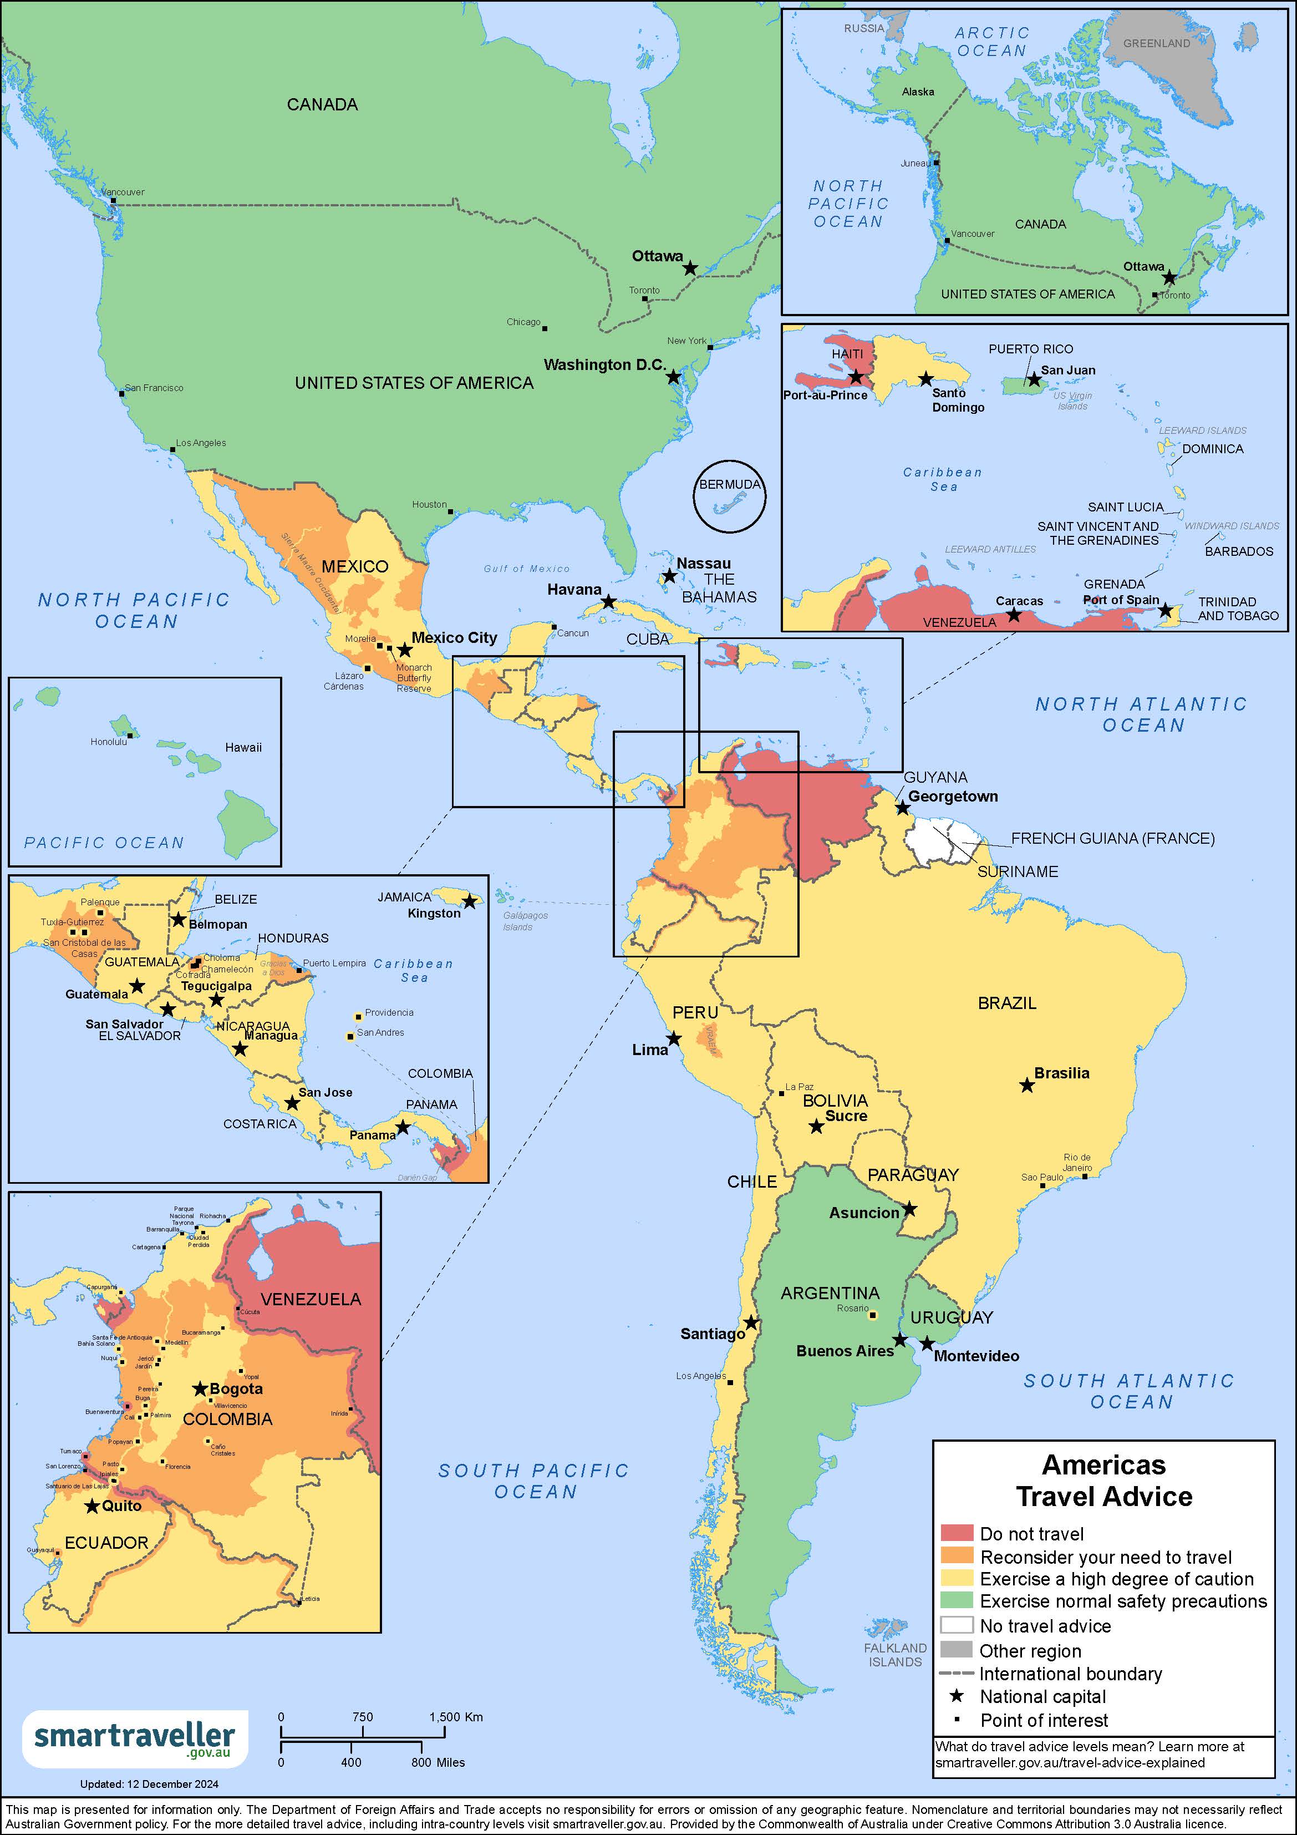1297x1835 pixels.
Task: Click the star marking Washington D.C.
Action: [674, 376]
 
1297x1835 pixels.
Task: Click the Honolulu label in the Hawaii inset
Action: [109, 742]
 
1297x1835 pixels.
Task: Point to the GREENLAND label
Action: [1156, 43]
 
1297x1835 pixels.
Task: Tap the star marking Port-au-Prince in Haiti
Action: [856, 377]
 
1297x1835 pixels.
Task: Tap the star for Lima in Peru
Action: [674, 1038]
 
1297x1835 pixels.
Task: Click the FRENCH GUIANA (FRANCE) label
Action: [1112, 838]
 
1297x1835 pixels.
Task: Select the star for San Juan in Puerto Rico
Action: [1034, 379]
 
